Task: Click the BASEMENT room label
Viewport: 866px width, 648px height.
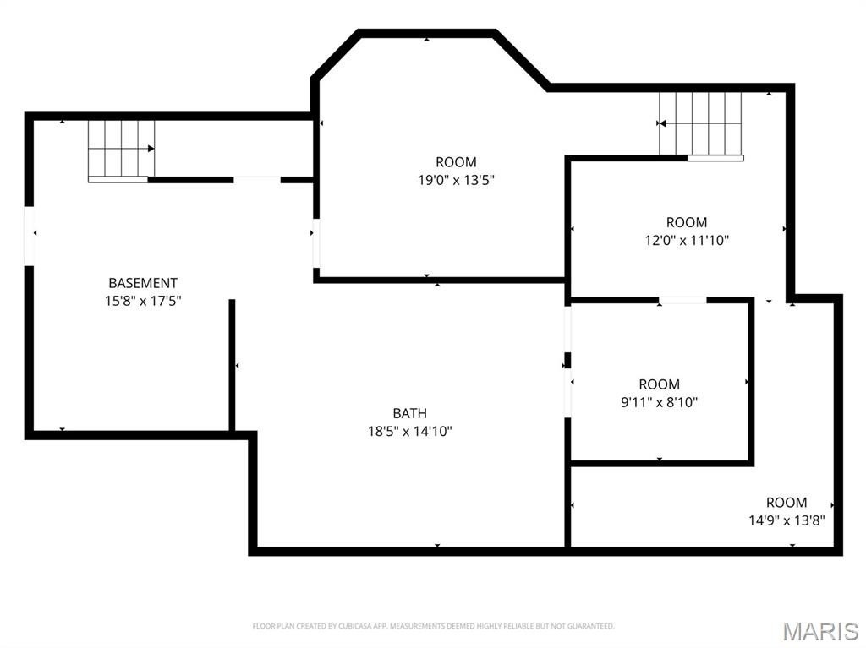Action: coord(143,283)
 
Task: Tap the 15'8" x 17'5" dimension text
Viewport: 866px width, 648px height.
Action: coord(143,302)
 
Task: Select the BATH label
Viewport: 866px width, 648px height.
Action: coord(410,413)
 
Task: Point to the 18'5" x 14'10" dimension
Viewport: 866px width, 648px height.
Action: coord(410,431)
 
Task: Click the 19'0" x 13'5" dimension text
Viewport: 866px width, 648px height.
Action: coord(456,180)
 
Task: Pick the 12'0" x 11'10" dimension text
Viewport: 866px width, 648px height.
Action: coord(687,241)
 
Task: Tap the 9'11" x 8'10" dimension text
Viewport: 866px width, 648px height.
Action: coord(660,402)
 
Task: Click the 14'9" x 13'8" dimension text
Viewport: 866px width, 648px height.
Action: coord(787,520)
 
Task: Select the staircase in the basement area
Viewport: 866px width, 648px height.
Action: coord(122,150)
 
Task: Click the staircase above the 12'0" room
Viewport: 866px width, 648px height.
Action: coord(701,126)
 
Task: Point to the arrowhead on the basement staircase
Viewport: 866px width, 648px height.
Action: coord(151,149)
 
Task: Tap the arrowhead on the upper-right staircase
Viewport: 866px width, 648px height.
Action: coord(662,123)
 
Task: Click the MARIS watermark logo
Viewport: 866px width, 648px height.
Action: coord(820,631)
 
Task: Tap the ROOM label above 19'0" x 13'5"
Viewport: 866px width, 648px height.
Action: coord(456,162)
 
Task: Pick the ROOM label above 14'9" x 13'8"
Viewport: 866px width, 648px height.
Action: coord(787,503)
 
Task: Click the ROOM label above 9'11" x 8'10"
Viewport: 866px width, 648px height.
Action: coord(660,384)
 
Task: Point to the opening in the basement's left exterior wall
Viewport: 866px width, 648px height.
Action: coord(30,237)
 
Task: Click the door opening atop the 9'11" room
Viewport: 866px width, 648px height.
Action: coord(682,300)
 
